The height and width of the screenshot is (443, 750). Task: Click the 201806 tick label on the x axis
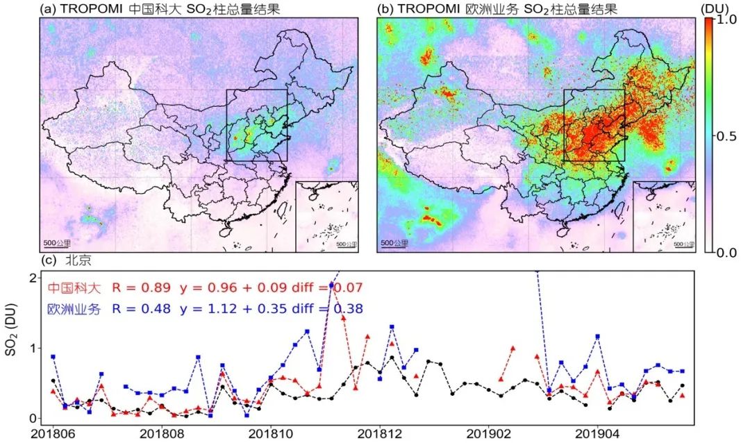(x=52, y=434)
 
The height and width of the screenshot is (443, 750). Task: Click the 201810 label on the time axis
(x=271, y=434)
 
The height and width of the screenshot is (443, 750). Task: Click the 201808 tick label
(x=162, y=434)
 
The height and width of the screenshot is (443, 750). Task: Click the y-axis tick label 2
(x=33, y=278)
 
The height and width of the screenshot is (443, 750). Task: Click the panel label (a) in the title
(x=49, y=9)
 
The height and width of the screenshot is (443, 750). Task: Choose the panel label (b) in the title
(x=385, y=9)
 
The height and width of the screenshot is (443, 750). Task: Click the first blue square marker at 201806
(x=53, y=357)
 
